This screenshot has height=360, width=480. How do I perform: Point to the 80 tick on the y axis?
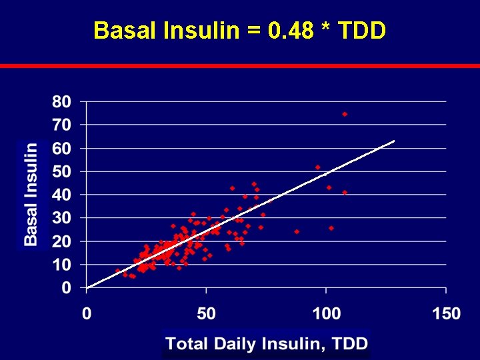[61, 102]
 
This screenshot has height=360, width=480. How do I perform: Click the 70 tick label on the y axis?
[61, 125]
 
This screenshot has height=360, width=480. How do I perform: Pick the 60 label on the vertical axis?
[61, 148]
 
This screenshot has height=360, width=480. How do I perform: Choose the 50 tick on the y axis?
[61, 171]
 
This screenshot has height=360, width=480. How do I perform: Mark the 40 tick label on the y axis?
[61, 195]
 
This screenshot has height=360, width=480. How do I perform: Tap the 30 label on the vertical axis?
[61, 218]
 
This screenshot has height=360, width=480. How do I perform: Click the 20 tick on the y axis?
[61, 241]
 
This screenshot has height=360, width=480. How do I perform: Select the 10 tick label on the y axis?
[61, 265]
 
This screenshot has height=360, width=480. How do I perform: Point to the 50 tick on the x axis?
[206, 313]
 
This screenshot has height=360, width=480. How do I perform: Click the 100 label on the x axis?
[326, 313]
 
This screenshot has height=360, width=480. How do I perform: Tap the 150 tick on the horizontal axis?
[445, 313]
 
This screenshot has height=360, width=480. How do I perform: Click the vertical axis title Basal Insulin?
[31, 193]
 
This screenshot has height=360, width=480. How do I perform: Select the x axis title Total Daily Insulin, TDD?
[267, 344]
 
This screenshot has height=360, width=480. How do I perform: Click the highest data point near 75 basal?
[345, 114]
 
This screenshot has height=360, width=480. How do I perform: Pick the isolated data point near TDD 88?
[297, 231]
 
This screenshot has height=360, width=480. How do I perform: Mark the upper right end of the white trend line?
[394, 141]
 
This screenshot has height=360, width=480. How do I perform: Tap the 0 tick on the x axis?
[87, 313]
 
